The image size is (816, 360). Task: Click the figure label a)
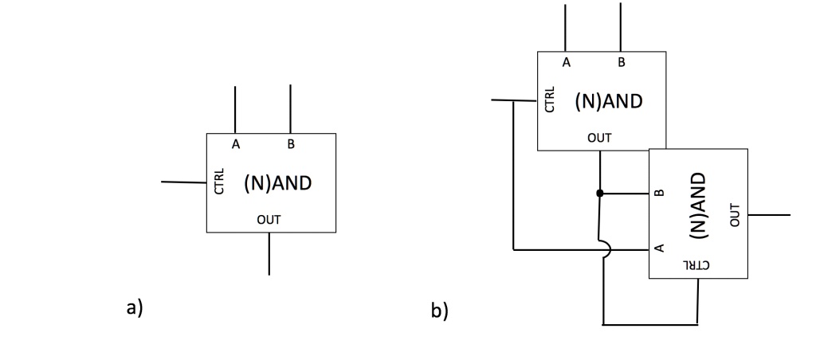[x=135, y=307]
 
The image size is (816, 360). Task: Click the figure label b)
[x=440, y=311]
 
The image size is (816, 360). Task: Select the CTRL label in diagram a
[x=220, y=182]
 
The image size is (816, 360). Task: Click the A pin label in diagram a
[x=236, y=144]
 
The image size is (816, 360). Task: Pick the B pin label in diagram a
[x=291, y=144]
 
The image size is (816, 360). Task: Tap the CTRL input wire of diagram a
[x=183, y=182]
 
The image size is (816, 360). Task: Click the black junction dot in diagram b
[x=599, y=193]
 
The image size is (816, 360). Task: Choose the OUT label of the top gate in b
[x=599, y=138]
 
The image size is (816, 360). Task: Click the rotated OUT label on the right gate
[x=734, y=213]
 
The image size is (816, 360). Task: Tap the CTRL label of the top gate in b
[x=550, y=100]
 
